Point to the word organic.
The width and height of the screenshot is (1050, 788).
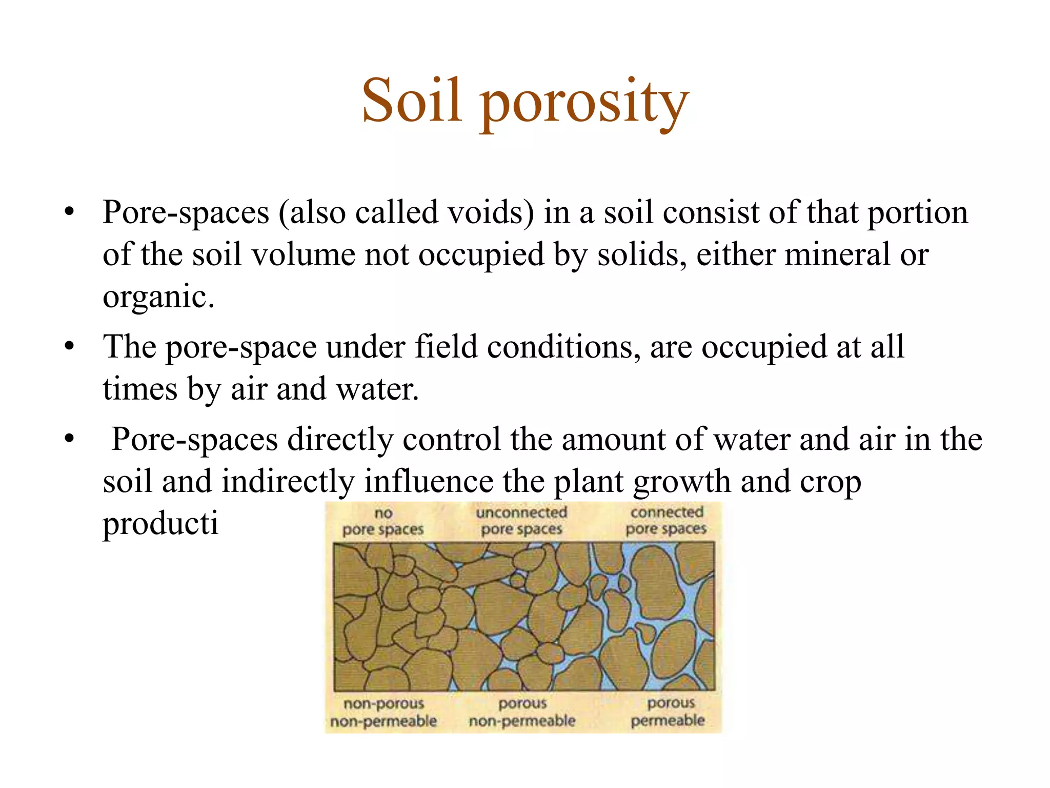158,298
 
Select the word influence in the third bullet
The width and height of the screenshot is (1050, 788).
429,482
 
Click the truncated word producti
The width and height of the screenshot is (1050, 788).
160,524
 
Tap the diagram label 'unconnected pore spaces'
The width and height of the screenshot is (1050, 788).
521,520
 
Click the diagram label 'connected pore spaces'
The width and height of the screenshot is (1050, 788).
666,520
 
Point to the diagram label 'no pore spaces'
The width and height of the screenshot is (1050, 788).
383,521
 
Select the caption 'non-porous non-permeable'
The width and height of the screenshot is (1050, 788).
383,712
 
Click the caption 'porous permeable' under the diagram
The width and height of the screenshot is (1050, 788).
668,712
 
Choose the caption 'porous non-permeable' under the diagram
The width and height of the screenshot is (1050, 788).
522,712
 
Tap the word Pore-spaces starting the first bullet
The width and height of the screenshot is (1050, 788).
186,212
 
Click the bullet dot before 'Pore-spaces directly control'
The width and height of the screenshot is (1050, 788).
70,439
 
